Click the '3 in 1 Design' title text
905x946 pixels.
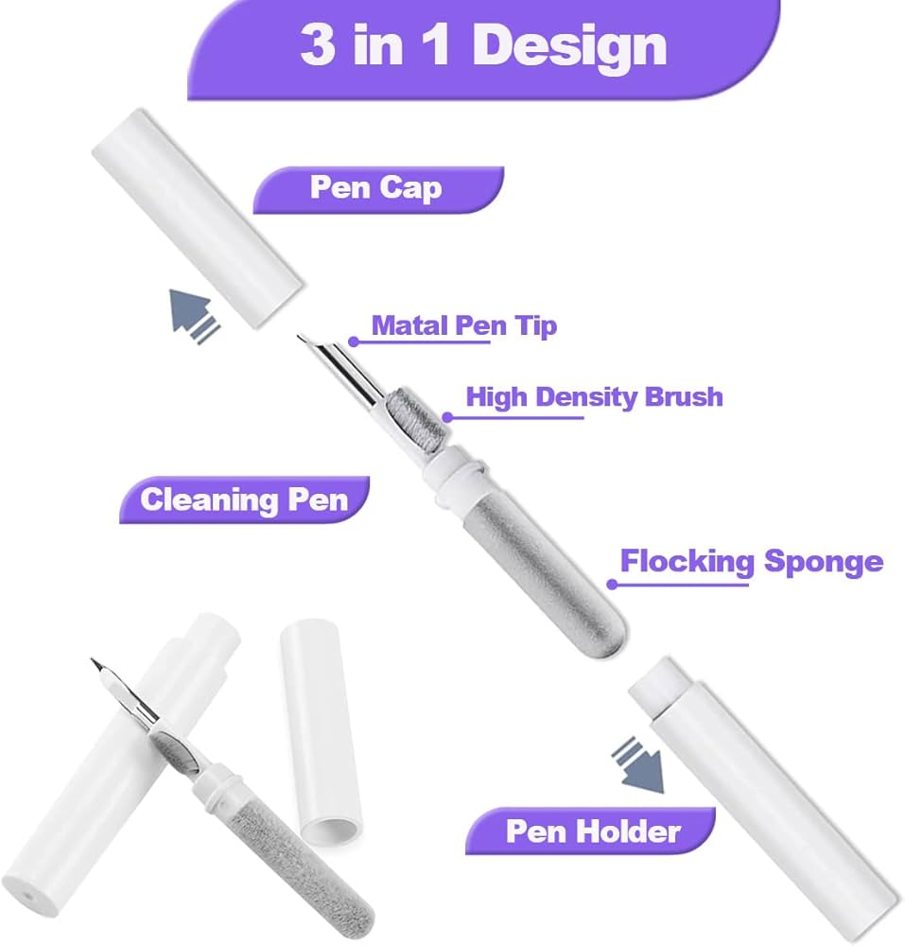[483, 44]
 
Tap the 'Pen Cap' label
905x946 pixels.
[375, 187]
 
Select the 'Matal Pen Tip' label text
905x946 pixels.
[463, 326]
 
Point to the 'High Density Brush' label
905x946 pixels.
[594, 395]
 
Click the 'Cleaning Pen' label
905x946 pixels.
[244, 499]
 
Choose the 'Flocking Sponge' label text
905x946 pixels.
[751, 562]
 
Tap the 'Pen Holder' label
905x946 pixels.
[593, 832]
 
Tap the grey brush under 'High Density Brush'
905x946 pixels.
[431, 415]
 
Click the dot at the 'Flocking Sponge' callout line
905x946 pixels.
[612, 584]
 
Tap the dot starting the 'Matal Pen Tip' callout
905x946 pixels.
[353, 342]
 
